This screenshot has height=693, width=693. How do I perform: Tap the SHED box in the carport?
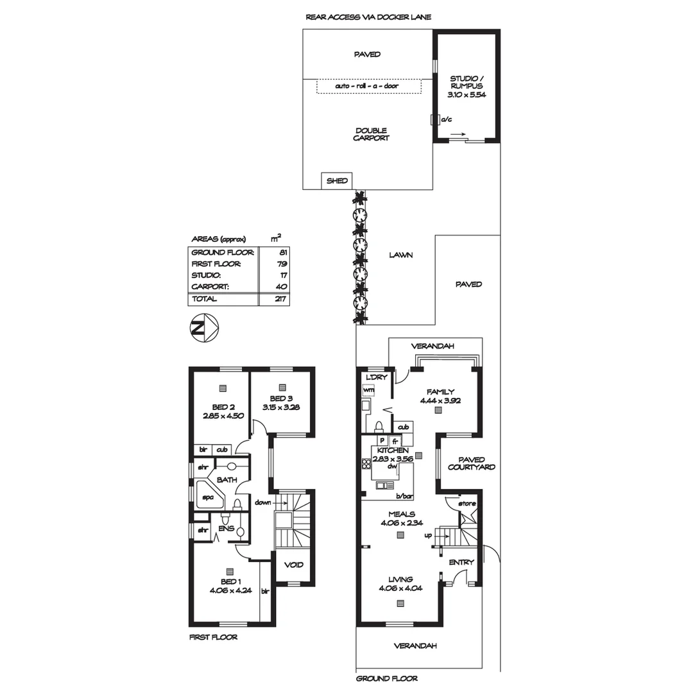coord(337,181)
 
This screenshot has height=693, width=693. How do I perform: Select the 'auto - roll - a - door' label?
coord(368,86)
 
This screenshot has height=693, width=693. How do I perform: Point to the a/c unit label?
coord(446,119)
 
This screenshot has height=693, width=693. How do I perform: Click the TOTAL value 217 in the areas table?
coord(278,299)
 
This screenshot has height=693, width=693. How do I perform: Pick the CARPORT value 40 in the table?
coord(280,287)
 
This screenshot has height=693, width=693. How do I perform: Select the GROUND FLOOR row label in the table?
coord(222,252)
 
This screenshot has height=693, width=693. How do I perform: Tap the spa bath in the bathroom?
coord(209,497)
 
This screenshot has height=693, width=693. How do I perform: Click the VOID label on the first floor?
coord(295,565)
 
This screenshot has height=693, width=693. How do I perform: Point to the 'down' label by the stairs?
coord(262,502)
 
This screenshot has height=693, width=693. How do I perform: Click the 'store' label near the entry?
coord(467,504)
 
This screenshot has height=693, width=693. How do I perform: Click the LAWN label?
coord(400,255)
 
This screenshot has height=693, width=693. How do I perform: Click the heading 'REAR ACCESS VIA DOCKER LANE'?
coord(369,17)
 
